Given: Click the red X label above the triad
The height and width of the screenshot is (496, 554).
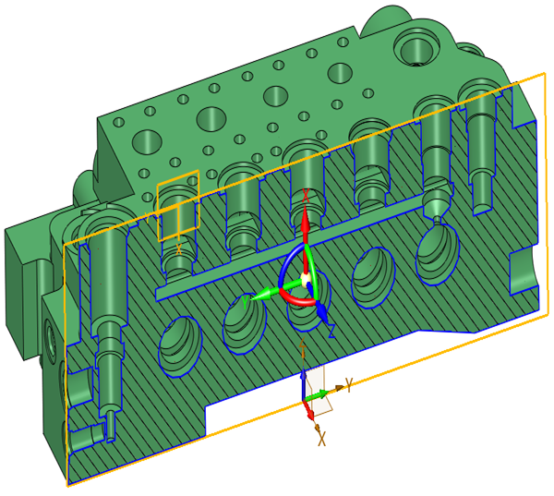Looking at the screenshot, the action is click(x=306, y=196).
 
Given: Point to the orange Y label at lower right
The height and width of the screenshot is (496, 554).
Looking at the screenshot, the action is click(x=349, y=384).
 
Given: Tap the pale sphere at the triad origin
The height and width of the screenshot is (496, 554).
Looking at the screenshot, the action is click(x=306, y=278).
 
